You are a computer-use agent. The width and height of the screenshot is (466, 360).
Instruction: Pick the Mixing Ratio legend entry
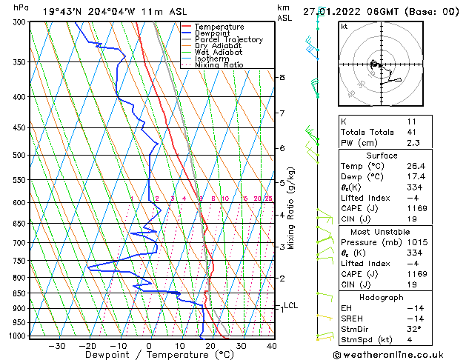click(x=219, y=65)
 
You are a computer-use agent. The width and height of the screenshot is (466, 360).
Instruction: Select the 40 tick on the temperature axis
click(x=271, y=345)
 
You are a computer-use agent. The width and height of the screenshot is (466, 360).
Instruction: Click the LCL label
click(x=290, y=305)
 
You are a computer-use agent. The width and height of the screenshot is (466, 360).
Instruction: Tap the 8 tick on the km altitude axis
click(x=282, y=77)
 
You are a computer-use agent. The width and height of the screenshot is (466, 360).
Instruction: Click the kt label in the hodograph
click(x=344, y=26)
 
